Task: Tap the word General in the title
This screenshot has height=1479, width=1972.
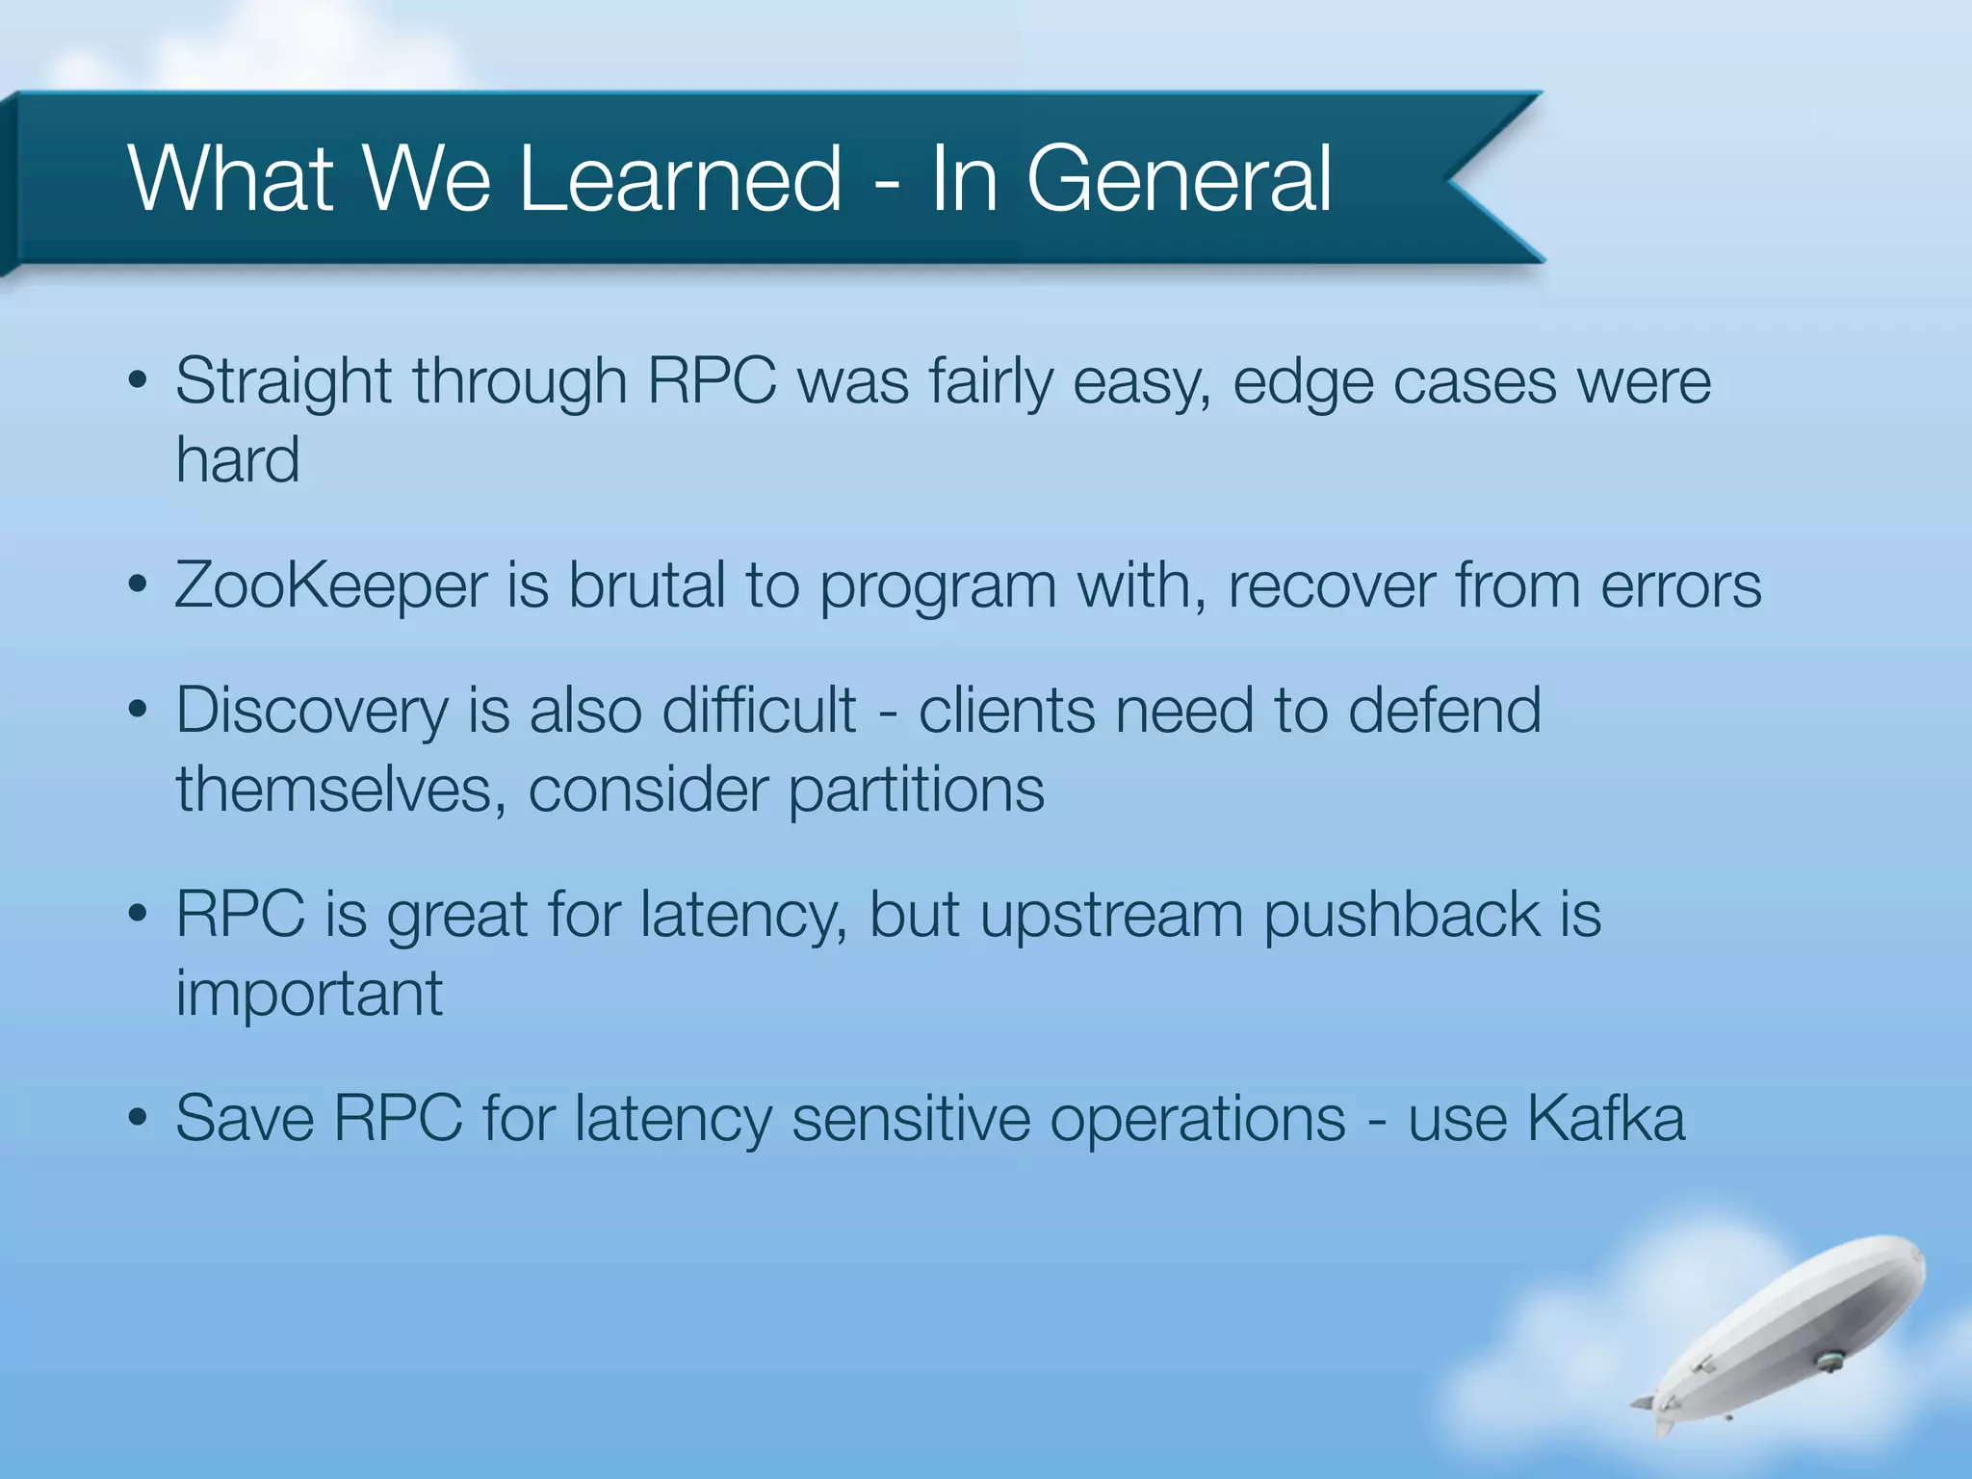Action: (1179, 179)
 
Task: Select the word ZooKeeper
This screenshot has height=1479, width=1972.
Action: (330, 585)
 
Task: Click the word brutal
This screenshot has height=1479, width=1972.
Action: (646, 585)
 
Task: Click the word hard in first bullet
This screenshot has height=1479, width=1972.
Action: (237, 459)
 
